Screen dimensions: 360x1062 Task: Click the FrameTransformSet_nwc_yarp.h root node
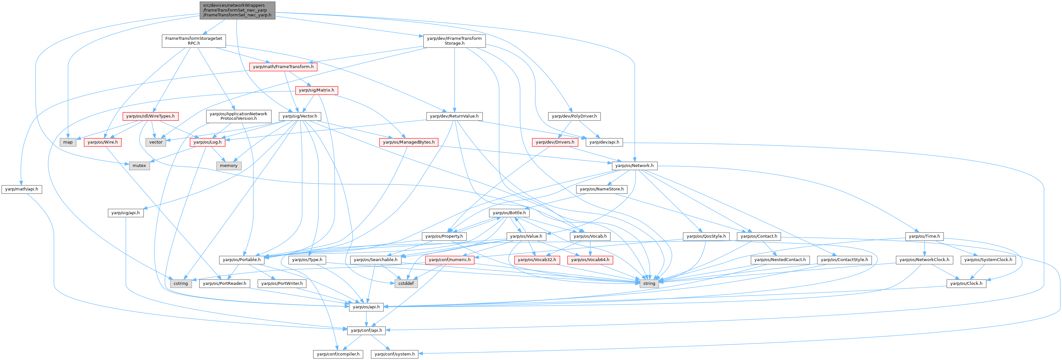pyautogui.click(x=237, y=10)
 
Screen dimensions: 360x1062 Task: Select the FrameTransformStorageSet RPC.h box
pyautogui.click(x=193, y=41)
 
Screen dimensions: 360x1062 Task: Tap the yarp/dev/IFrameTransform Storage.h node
pyautogui.click(x=454, y=41)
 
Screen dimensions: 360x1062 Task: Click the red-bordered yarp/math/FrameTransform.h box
pyautogui.click(x=283, y=67)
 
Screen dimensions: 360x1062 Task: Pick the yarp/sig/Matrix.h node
pyautogui.click(x=316, y=90)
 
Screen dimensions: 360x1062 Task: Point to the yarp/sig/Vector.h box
pyautogui.click(x=300, y=116)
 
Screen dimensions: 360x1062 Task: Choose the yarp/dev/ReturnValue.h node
pyautogui.click(x=454, y=116)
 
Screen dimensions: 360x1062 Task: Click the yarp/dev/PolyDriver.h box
pyautogui.click(x=574, y=116)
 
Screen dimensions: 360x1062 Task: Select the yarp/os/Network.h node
pyautogui.click(x=634, y=166)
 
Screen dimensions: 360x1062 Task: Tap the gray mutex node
pyautogui.click(x=139, y=166)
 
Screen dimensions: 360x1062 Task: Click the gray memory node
pyautogui.click(x=228, y=166)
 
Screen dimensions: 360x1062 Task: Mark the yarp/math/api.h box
pyautogui.click(x=22, y=189)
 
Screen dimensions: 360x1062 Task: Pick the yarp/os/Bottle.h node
pyautogui.click(x=509, y=213)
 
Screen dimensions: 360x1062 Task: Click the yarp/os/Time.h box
pyautogui.click(x=924, y=236)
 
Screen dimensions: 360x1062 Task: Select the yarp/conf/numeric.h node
pyautogui.click(x=449, y=260)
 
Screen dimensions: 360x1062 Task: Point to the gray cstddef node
pyautogui.click(x=406, y=284)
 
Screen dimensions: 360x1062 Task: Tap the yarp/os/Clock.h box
pyautogui.click(x=966, y=284)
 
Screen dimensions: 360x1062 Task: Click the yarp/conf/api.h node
pyautogui.click(x=366, y=330)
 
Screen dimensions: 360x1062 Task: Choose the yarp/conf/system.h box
pyautogui.click(x=395, y=354)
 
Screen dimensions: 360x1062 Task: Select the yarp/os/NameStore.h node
pyautogui.click(x=602, y=189)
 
